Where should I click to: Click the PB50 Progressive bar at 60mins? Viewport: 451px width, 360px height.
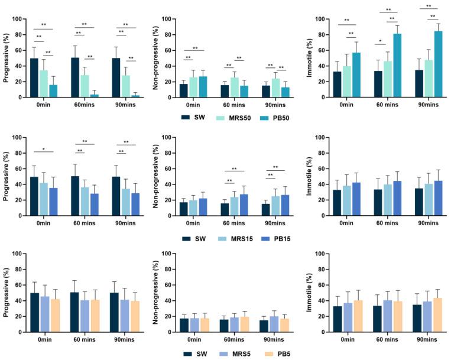pos(95,95)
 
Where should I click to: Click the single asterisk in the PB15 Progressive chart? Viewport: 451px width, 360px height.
pos(44,149)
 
